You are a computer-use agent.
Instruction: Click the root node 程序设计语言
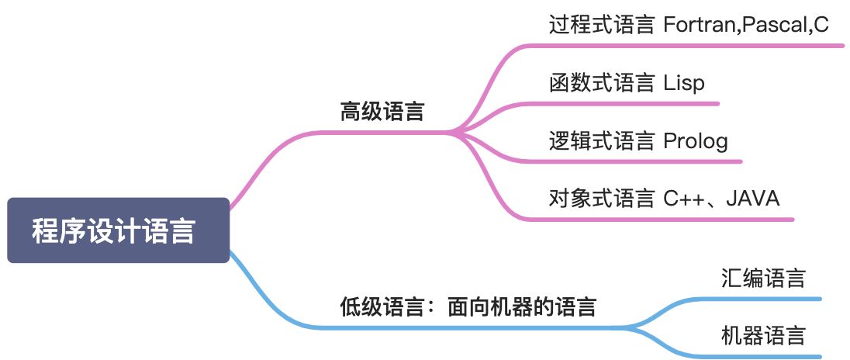click(x=118, y=230)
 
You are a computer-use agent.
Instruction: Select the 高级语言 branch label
click(x=382, y=112)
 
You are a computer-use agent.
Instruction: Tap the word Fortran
click(x=700, y=25)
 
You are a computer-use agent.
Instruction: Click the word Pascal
click(x=772, y=25)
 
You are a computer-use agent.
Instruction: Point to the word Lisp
click(x=684, y=82)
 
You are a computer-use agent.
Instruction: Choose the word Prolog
click(x=696, y=140)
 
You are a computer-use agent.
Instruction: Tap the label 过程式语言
click(x=601, y=25)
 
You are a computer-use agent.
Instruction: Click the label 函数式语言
click(x=601, y=82)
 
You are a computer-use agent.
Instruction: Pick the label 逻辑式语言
click(x=601, y=140)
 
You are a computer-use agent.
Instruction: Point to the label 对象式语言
click(x=601, y=198)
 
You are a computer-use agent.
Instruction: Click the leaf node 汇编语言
click(x=763, y=278)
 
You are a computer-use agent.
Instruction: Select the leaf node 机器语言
click(x=763, y=335)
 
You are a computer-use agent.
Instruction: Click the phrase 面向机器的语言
click(x=522, y=306)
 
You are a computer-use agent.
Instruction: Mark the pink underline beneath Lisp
click(x=620, y=103)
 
